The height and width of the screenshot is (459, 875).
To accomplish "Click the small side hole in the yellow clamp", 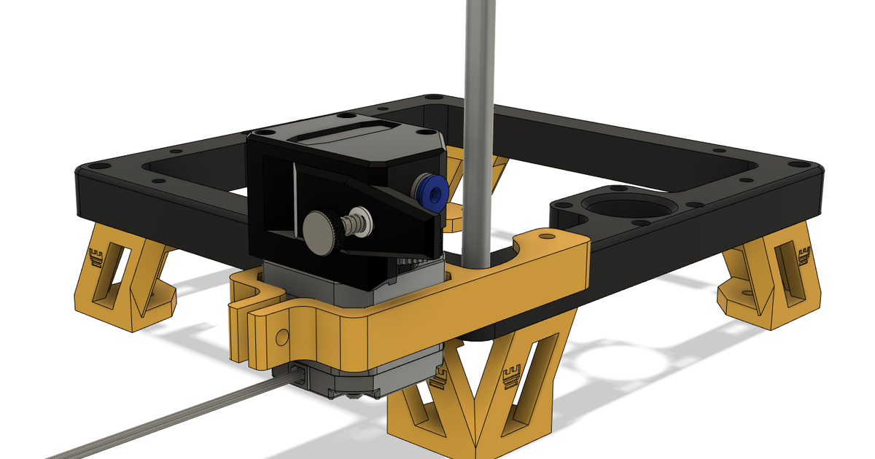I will [x=280, y=336].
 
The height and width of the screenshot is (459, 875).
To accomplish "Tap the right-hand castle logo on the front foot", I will [x=512, y=376].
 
